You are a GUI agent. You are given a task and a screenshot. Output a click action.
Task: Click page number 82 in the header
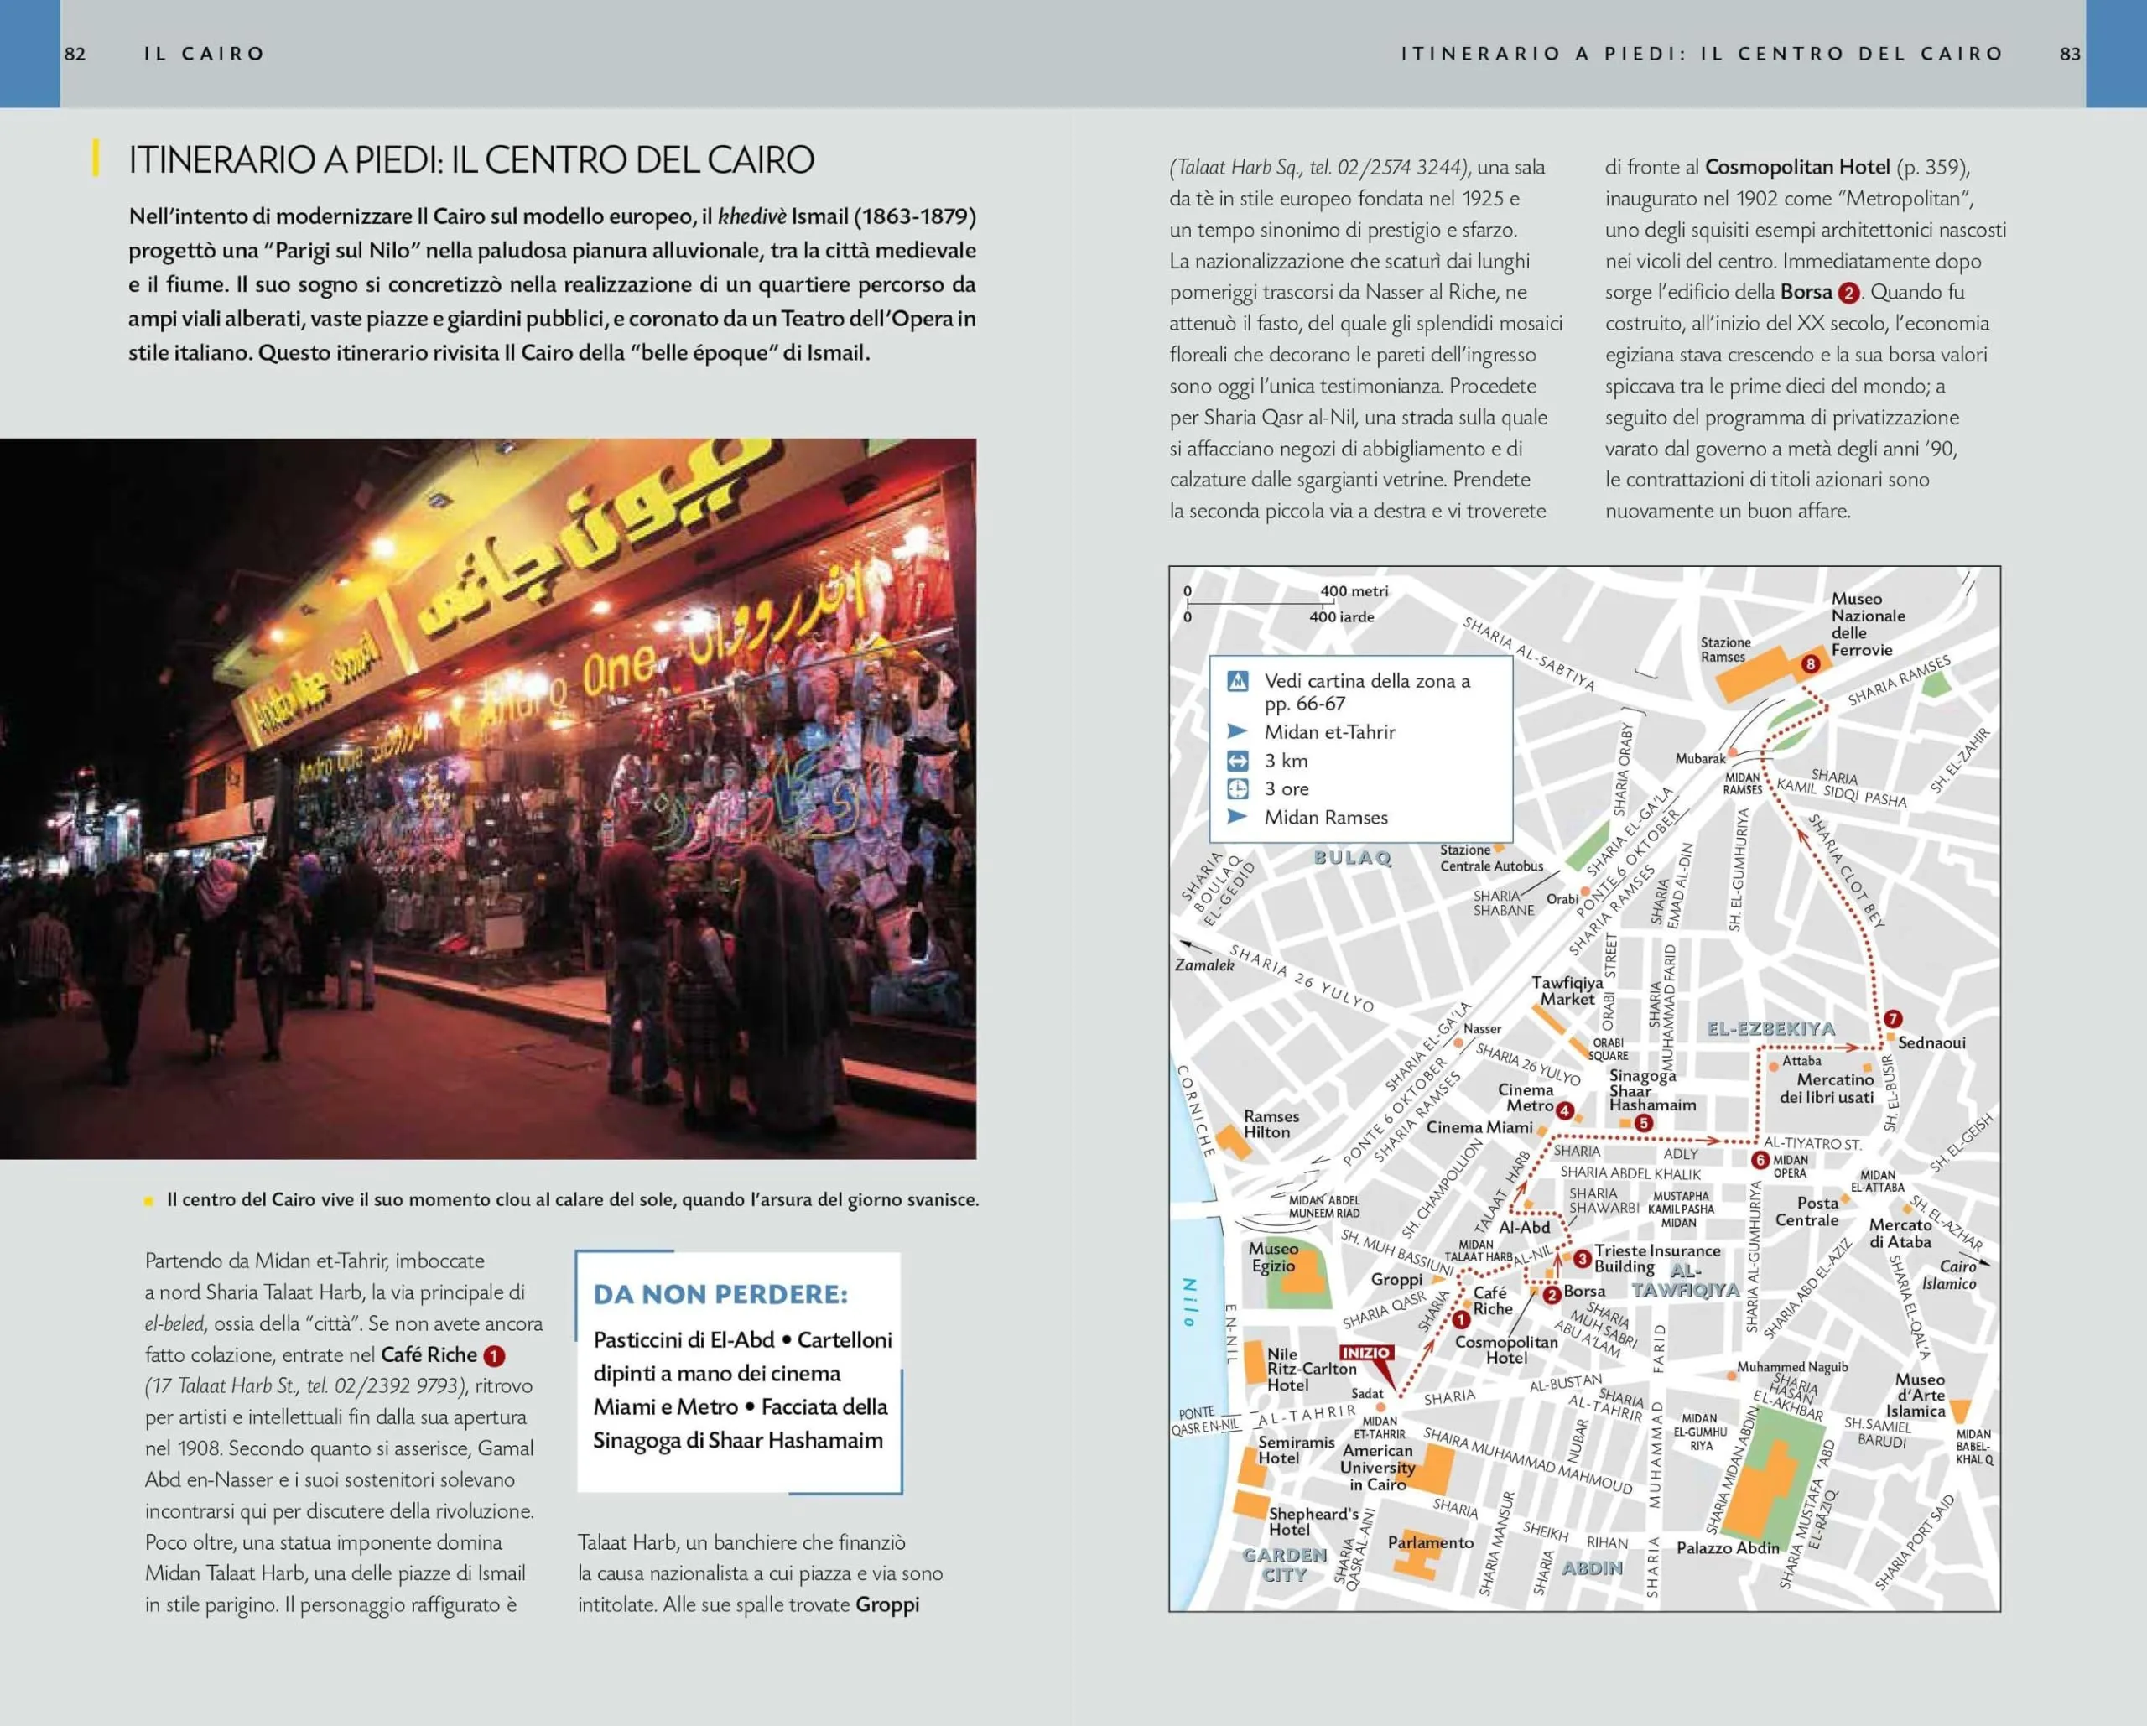(75, 54)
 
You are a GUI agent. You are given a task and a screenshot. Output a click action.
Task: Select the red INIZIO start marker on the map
(1365, 1353)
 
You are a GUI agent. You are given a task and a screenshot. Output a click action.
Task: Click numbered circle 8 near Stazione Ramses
(1811, 664)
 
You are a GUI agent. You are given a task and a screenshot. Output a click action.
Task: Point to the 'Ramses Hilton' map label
(1271, 1124)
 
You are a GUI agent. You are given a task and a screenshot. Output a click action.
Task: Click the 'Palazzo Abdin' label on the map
(1728, 1547)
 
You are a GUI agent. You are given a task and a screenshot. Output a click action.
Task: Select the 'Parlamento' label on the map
(1430, 1541)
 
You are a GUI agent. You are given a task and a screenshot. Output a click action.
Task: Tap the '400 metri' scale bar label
(1354, 590)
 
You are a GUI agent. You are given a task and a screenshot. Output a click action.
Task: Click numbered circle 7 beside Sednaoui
(1893, 1019)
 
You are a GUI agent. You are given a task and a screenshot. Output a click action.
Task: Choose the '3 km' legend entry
(1286, 761)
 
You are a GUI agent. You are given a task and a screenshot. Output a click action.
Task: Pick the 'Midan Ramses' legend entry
(1325, 818)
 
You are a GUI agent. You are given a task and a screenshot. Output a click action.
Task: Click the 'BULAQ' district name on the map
(1352, 857)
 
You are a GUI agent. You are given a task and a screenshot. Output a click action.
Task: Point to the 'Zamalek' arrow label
(1204, 964)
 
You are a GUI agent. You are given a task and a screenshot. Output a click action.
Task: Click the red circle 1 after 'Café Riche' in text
(494, 1355)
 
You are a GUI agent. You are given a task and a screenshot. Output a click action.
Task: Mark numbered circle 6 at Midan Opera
(1760, 1160)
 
